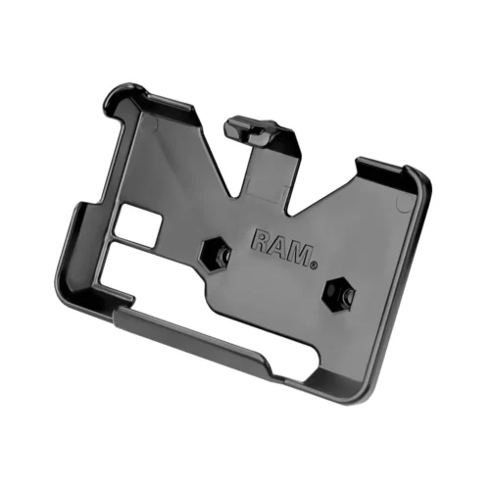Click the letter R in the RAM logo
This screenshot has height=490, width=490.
(x=262, y=241)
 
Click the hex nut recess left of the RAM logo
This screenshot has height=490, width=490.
(x=217, y=254)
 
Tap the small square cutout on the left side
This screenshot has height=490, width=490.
(x=138, y=225)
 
